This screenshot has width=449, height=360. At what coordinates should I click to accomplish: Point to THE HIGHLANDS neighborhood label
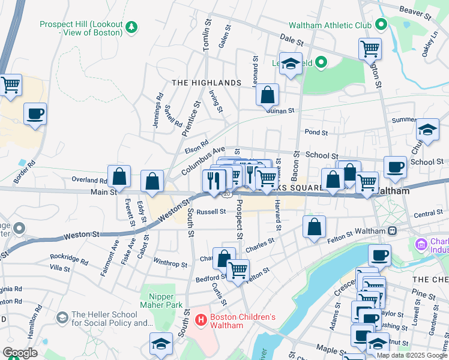206,82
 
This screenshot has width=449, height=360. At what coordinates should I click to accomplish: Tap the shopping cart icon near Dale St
370,48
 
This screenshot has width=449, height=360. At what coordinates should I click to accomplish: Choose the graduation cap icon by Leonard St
291,64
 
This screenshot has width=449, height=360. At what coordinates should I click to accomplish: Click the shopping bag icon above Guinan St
267,94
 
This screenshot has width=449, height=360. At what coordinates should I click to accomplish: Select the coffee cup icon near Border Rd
35,113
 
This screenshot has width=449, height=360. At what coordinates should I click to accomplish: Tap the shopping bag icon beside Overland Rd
119,176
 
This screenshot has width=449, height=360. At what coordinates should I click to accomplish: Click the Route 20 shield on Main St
226,194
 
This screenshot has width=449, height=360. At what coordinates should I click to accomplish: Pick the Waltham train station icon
393,230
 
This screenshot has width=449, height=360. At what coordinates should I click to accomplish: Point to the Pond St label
316,132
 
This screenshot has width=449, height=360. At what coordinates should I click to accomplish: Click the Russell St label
211,211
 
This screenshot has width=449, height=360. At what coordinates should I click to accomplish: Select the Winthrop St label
170,263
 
